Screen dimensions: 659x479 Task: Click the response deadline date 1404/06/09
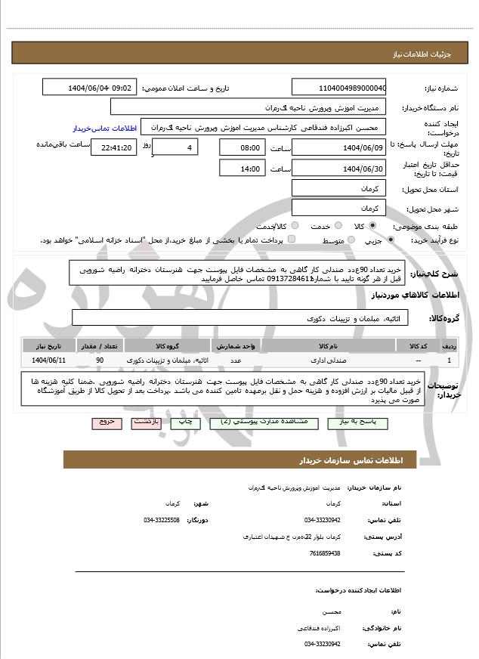point(338,147)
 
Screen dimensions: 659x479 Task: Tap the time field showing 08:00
point(242,147)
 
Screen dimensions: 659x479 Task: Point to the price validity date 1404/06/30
point(338,168)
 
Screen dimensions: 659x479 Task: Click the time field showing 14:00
point(242,168)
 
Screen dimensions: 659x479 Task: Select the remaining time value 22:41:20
point(113,147)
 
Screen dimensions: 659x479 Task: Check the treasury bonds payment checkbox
point(292,240)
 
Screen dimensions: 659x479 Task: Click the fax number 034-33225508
point(162,520)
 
